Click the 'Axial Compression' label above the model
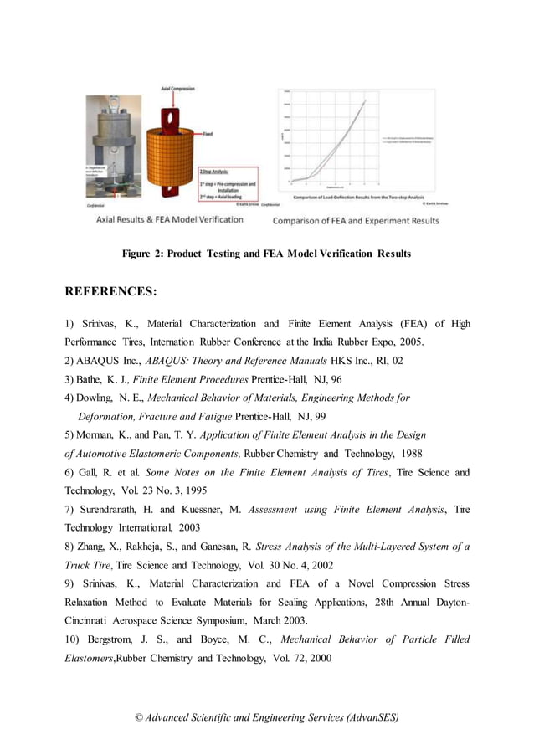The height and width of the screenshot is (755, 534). pyautogui.click(x=177, y=88)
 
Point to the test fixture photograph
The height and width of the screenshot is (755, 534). pyautogui.click(x=114, y=146)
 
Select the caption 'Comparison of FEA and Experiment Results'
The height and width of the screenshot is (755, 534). pyautogui.click(x=356, y=221)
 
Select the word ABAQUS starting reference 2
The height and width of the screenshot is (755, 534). pyautogui.click(x=108, y=361)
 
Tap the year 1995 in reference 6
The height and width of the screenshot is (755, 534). pyautogui.click(x=193, y=490)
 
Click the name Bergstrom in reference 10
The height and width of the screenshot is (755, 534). pyautogui.click(x=113, y=639)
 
